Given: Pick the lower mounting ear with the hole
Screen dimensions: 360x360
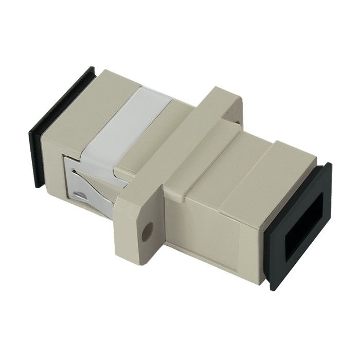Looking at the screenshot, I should click(x=141, y=226).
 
